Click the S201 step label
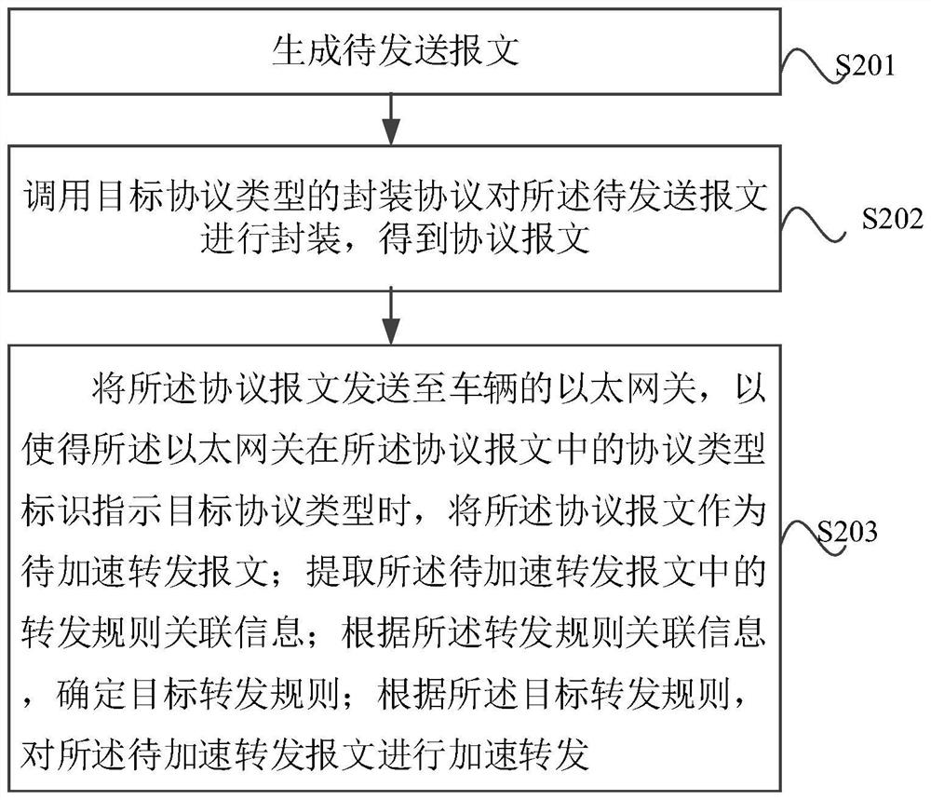click(x=865, y=65)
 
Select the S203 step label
click(x=847, y=532)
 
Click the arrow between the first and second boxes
click(x=391, y=119)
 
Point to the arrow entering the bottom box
click(x=391, y=316)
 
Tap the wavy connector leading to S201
click(x=811, y=65)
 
